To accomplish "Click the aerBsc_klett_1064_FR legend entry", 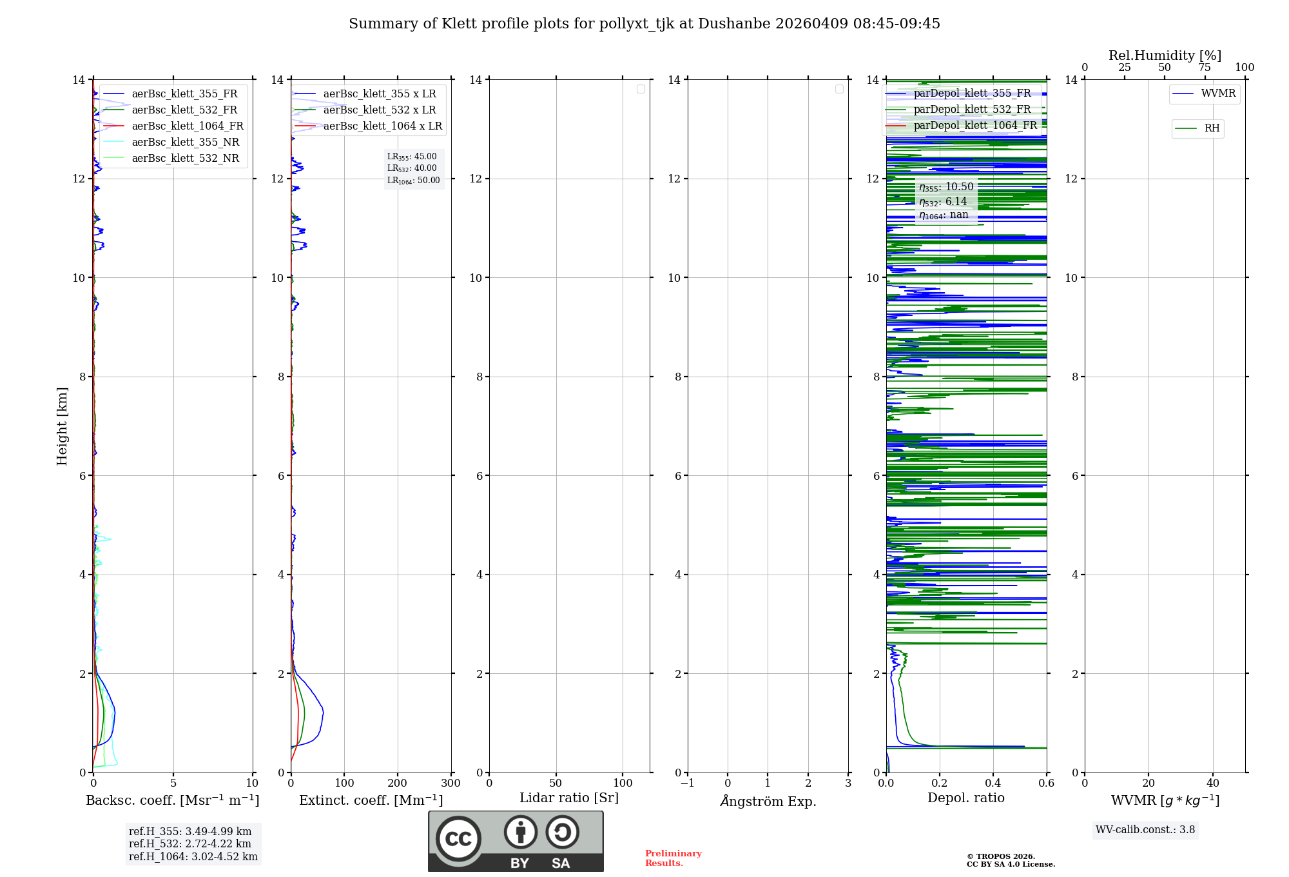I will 187,126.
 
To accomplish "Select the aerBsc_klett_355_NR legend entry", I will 185,143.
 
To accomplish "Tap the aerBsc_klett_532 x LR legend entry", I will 379,110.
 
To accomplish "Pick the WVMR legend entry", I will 1218,94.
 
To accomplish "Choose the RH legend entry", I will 1212,128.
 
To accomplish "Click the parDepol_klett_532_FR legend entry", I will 972,110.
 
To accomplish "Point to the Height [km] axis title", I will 62,426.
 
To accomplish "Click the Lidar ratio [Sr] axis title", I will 569,798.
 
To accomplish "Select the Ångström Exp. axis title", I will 768,802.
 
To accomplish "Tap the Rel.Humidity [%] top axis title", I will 1165,55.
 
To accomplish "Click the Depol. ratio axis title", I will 965,798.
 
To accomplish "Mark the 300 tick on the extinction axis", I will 451,783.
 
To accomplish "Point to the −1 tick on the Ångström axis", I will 688,783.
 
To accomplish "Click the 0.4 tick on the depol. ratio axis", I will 993,783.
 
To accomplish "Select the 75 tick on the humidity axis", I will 1205,68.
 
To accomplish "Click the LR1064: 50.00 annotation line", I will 414,181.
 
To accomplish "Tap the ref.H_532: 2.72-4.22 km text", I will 190,844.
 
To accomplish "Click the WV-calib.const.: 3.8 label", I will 1145,830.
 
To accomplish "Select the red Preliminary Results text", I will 673,858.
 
